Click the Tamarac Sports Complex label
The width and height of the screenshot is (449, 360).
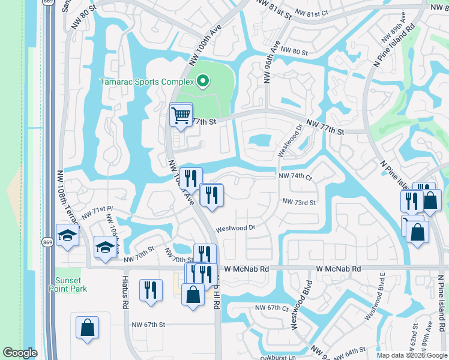pyautogui.click(x=146, y=81)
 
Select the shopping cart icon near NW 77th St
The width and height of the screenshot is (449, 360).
pyautogui.click(x=181, y=114)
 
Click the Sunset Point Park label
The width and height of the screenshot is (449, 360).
pyautogui.click(x=71, y=284)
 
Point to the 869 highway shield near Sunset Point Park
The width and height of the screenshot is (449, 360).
pyautogui.click(x=47, y=242)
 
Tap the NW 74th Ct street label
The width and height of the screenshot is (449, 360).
pyautogui.click(x=295, y=177)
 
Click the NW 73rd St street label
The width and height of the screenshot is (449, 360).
pyautogui.click(x=298, y=203)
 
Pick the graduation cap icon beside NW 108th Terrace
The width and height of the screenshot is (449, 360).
pyautogui.click(x=67, y=235)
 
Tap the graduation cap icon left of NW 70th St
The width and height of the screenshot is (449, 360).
pyautogui.click(x=105, y=247)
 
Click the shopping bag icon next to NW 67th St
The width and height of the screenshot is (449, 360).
pyautogui.click(x=87, y=328)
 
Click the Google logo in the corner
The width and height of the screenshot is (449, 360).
pyautogui.click(x=20, y=353)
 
